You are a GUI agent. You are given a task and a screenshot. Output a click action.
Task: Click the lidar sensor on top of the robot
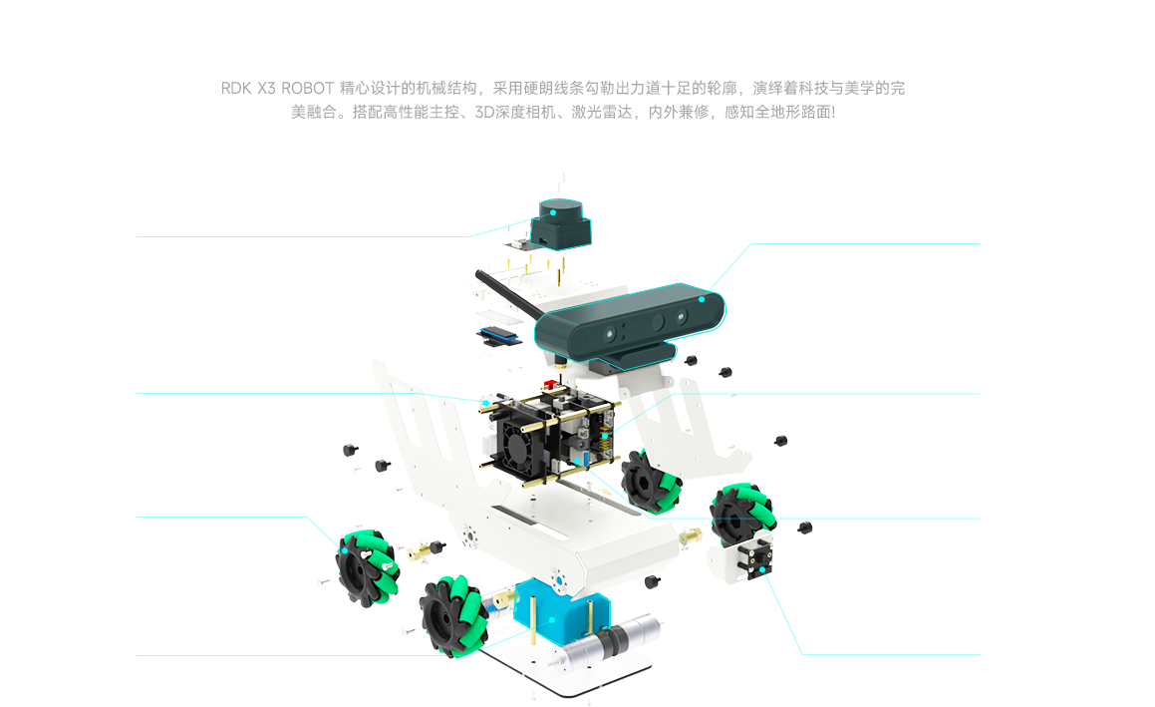point(561,220)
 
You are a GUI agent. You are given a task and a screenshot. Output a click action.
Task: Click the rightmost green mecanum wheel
point(741,513)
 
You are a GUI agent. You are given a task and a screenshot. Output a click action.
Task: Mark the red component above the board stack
point(547,381)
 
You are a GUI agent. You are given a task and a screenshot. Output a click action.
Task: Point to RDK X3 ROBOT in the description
point(278,88)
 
